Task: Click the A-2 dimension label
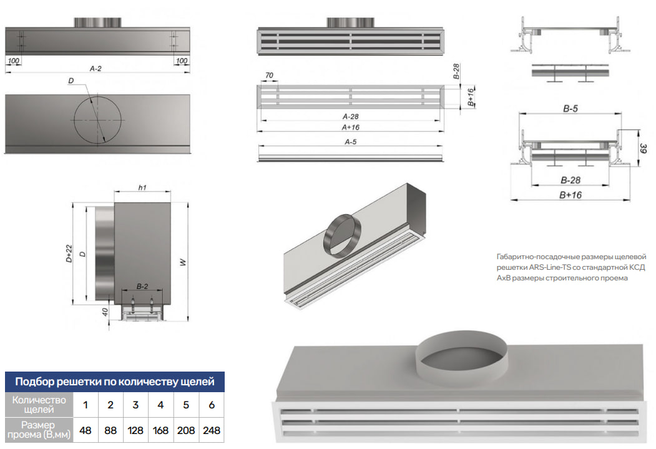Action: tap(95, 69)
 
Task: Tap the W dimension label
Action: tap(183, 263)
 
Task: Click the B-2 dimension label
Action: tap(142, 286)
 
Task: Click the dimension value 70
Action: tap(270, 76)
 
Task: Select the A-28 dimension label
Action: tap(350, 117)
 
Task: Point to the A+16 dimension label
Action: tap(350, 127)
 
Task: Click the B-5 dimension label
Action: tap(570, 109)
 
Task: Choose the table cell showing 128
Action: tap(135, 430)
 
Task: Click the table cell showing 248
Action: tap(212, 430)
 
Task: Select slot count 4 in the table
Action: tap(160, 405)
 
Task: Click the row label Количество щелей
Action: tap(39, 405)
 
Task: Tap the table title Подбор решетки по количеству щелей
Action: tap(115, 381)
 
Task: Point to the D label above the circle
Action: tap(72, 81)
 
